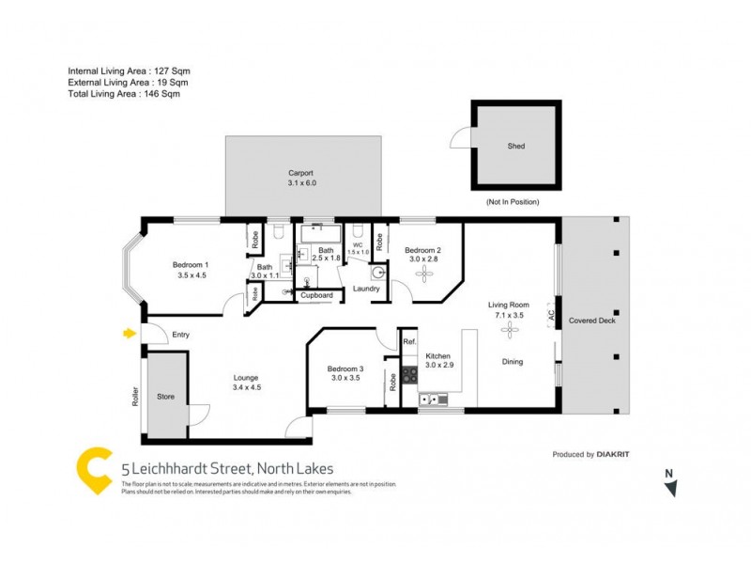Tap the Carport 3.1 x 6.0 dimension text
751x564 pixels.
302,183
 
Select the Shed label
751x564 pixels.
516,147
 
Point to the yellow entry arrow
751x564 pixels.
128,333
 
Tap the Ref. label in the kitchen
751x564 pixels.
409,342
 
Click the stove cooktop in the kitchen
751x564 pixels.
409,374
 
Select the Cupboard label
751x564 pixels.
316,295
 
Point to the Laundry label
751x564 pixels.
366,289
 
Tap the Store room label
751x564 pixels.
166,396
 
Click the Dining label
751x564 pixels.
513,362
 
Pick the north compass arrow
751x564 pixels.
669,487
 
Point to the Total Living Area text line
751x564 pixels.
124,94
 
